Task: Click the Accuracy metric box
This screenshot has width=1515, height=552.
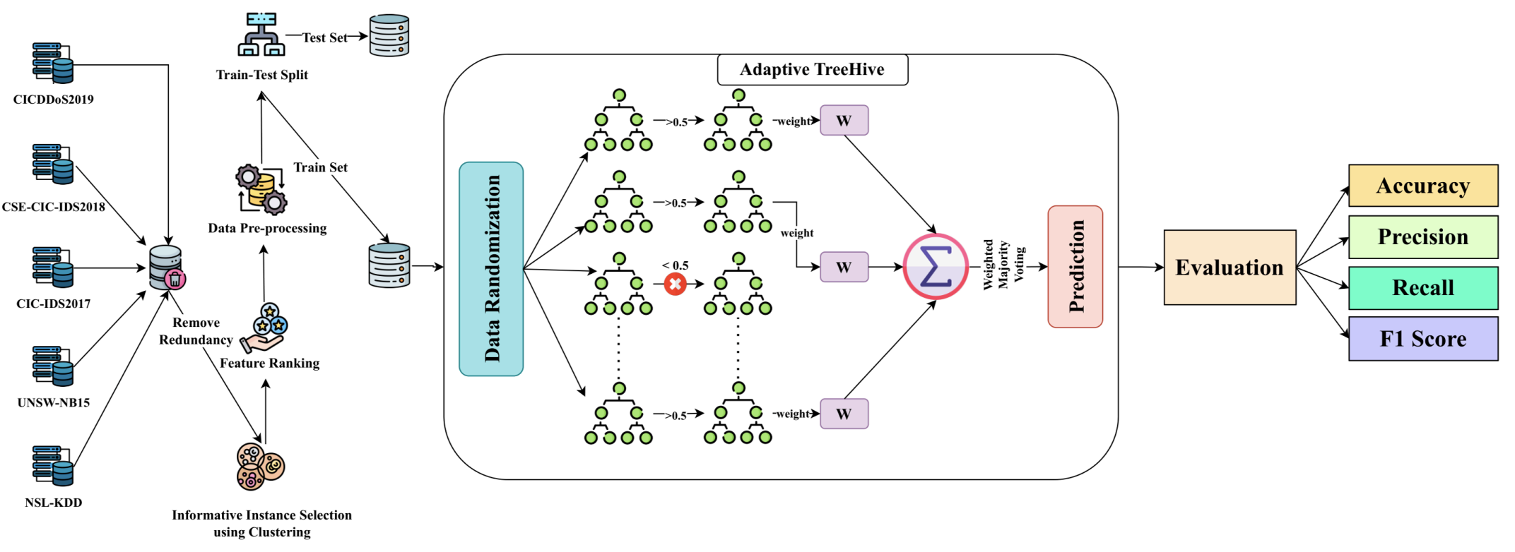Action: point(1422,186)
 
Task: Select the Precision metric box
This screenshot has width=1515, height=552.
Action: point(1422,236)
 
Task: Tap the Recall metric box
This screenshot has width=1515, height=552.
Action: point(1422,287)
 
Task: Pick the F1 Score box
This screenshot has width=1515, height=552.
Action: point(1422,339)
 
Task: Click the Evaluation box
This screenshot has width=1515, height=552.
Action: point(1230,268)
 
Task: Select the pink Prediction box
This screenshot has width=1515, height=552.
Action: point(1075,267)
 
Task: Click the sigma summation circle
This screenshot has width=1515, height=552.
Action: point(935,267)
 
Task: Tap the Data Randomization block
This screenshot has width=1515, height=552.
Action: point(491,269)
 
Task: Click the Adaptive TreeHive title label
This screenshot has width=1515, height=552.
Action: point(812,69)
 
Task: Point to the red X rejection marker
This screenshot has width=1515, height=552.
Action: point(675,284)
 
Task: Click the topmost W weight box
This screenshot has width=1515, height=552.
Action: point(844,121)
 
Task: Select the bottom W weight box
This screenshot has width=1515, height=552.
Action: point(844,414)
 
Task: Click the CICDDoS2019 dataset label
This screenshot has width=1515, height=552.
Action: point(54,100)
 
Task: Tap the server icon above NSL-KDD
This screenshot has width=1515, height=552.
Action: point(53,465)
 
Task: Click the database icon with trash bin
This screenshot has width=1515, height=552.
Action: point(167,268)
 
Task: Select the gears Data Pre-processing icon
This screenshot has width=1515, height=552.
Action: point(261,189)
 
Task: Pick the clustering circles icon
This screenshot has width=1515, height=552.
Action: point(260,467)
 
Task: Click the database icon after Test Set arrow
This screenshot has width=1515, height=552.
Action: point(389,35)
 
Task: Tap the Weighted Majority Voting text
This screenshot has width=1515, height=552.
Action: point(1003,265)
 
